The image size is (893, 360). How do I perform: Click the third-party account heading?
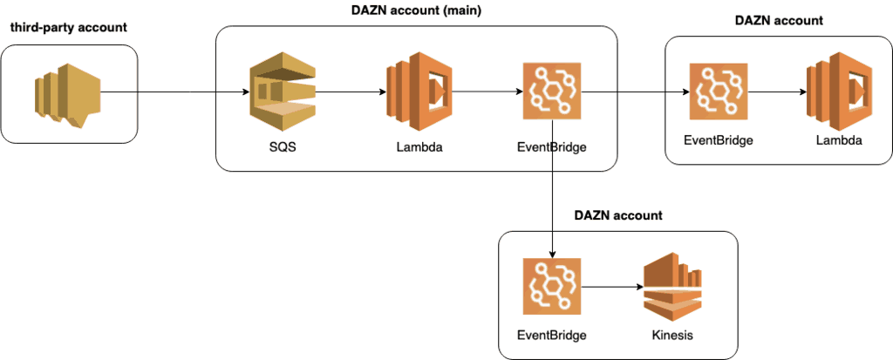click(x=68, y=28)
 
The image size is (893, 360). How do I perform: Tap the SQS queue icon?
click(x=281, y=91)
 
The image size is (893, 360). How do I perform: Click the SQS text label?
click(x=281, y=146)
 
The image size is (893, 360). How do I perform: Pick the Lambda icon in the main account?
click(x=415, y=91)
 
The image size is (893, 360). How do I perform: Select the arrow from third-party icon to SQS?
click(x=174, y=91)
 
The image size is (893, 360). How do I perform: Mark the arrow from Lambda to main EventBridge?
click(x=485, y=90)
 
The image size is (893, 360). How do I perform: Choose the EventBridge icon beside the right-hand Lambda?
click(x=717, y=91)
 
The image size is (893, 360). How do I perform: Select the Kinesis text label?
click(x=673, y=336)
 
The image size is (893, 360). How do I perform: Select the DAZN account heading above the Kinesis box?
click(x=617, y=214)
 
